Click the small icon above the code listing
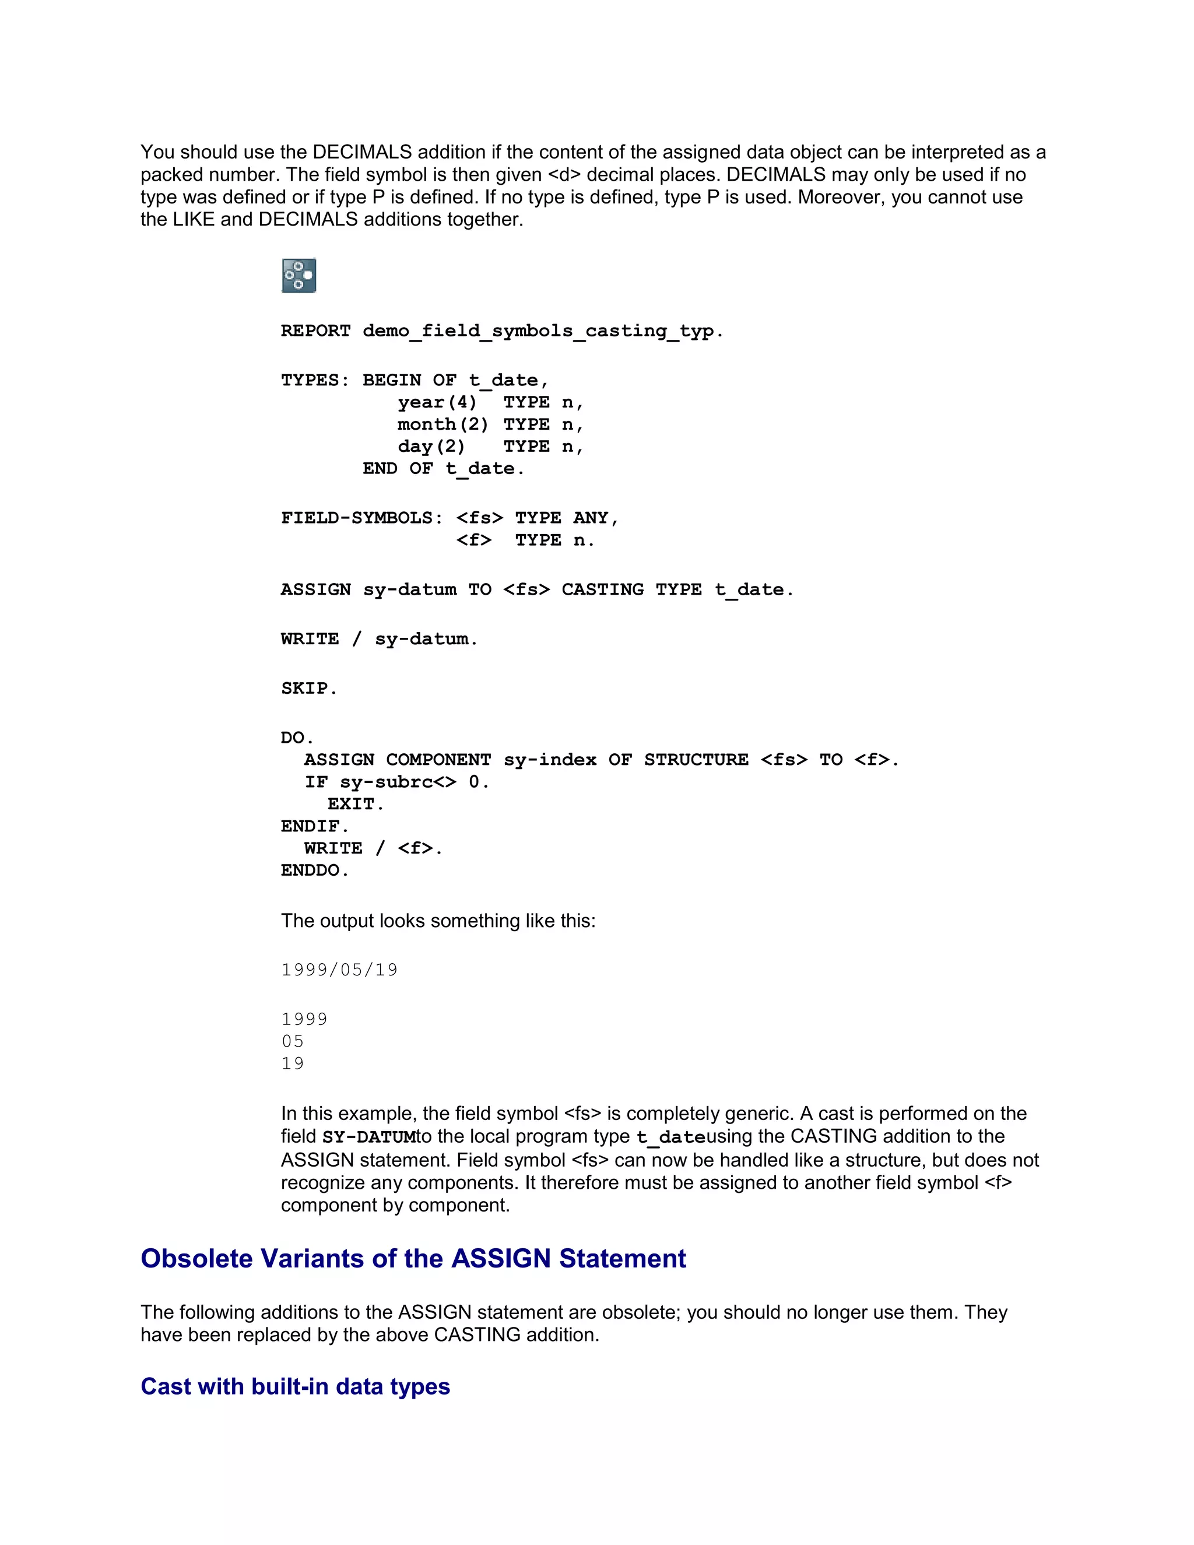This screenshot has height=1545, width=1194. click(298, 275)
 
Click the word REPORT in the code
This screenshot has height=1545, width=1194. click(315, 331)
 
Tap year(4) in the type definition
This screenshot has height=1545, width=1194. click(437, 402)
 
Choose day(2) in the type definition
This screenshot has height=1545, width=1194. click(431, 447)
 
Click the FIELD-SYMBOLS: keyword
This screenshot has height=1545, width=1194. click(361, 518)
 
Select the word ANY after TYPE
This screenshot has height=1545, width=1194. click(591, 518)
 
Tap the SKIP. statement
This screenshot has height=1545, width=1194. click(309, 689)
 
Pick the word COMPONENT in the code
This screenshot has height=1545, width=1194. click(438, 760)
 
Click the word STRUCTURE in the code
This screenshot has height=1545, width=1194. click(696, 760)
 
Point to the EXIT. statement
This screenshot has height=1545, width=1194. click(356, 805)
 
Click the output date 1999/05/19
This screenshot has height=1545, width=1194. click(339, 970)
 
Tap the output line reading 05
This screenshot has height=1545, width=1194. click(293, 1041)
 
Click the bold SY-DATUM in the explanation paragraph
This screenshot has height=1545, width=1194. click(368, 1137)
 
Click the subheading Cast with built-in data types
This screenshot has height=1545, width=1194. click(295, 1386)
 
